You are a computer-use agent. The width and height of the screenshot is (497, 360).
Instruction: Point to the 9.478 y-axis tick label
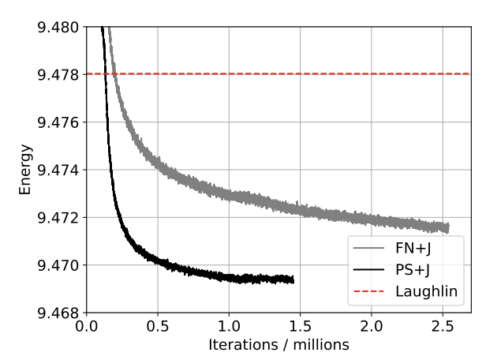coord(59,75)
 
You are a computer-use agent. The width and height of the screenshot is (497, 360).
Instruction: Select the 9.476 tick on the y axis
coord(59,122)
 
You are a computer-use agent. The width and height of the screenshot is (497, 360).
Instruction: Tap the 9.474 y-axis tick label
coord(59,170)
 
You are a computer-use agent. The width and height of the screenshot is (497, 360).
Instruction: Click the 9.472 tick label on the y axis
coord(59,217)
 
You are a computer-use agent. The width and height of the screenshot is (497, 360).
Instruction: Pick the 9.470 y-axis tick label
coord(59,264)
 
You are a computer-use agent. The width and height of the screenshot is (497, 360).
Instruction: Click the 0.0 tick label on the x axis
coord(87,327)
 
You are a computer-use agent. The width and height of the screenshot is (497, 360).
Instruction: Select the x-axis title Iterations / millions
coord(278,345)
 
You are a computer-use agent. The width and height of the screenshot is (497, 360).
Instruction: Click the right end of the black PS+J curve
coord(293,279)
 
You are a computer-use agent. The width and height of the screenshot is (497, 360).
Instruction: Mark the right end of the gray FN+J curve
coord(448,228)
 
